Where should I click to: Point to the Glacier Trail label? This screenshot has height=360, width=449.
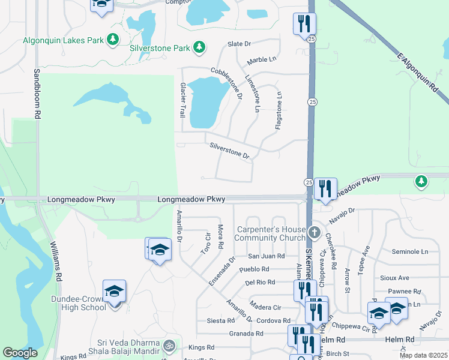pyautogui.click(x=182, y=100)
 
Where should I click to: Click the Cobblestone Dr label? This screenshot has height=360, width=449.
pyautogui.click(x=226, y=83)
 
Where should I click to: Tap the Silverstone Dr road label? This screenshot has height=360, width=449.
pyautogui.click(x=229, y=151)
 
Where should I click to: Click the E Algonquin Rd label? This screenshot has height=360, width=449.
pyautogui.click(x=418, y=71)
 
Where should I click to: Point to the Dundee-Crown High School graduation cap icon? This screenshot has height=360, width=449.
pyautogui.click(x=114, y=291)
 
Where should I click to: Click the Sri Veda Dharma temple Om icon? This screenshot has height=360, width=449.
pyautogui.click(x=169, y=346)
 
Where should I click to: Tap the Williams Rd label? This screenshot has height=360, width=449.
pyautogui.click(x=55, y=262)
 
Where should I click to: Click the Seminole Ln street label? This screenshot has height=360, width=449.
pyautogui.click(x=409, y=251)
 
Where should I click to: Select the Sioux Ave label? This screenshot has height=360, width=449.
pyautogui.click(x=394, y=278)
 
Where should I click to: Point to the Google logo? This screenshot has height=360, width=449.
pyautogui.click(x=20, y=353)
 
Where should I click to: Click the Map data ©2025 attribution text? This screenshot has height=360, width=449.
pyautogui.click(x=423, y=355)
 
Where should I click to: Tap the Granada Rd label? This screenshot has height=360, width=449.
pyautogui.click(x=246, y=334)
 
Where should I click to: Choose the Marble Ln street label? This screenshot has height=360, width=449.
pyautogui.click(x=262, y=59)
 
